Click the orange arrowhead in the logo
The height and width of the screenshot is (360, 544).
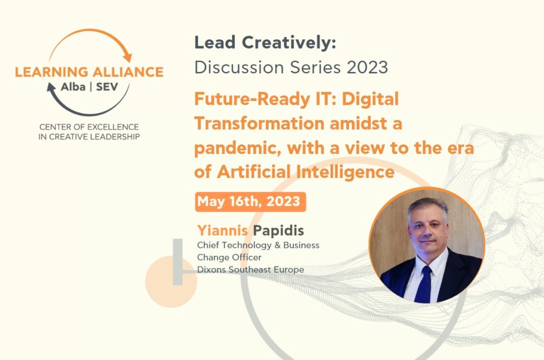127,57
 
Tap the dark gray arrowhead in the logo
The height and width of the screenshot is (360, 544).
52,88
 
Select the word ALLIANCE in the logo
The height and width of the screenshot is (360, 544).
128,72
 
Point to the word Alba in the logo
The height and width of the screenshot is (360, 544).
73,87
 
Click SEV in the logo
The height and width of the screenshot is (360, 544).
107,87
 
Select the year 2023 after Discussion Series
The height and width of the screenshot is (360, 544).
368,67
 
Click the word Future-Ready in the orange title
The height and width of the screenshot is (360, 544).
252,99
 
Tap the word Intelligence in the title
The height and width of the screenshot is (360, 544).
345,172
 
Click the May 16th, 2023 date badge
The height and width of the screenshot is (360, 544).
251,201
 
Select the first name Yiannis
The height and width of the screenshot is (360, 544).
223,230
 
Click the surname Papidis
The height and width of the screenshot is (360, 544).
278,230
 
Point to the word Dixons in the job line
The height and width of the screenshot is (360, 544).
211,270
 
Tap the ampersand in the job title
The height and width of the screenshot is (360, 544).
277,245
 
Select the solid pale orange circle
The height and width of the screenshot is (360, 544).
171,281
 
